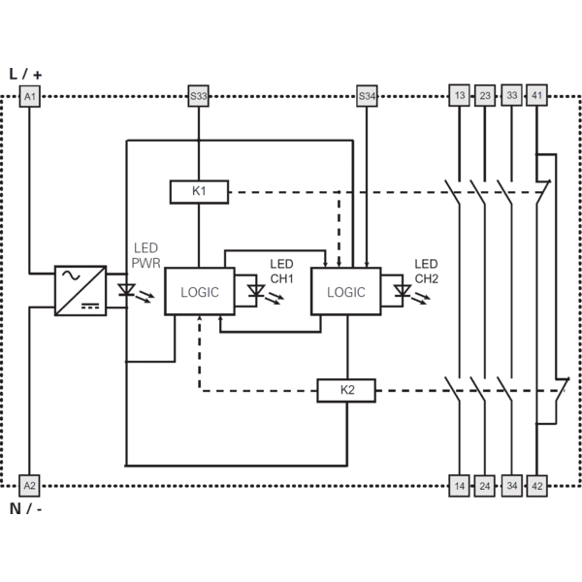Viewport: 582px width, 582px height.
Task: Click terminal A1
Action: pyautogui.click(x=30, y=96)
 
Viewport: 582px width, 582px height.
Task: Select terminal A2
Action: pyautogui.click(x=29, y=486)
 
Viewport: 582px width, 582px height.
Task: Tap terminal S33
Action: pyautogui.click(x=198, y=96)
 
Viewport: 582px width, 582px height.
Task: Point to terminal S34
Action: pyautogui.click(x=367, y=96)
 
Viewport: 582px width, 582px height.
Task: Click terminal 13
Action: pyautogui.click(x=459, y=95)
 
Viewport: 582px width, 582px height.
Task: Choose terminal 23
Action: pyautogui.click(x=485, y=95)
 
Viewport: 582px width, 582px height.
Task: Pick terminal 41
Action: pyautogui.click(x=536, y=95)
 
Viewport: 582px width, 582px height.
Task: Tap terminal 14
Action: pyautogui.click(x=459, y=486)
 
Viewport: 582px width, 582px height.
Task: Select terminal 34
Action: pyautogui.click(x=512, y=486)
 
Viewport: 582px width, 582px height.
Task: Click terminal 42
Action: pyautogui.click(x=537, y=486)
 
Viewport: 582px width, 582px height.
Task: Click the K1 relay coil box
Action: pyautogui.click(x=199, y=192)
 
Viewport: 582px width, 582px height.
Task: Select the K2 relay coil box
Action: pyautogui.click(x=346, y=391)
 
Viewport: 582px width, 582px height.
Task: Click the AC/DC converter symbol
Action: pyautogui.click(x=81, y=291)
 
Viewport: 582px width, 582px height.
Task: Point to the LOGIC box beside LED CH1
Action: pyautogui.click(x=200, y=291)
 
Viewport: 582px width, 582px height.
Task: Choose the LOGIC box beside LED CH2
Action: pyautogui.click(x=346, y=291)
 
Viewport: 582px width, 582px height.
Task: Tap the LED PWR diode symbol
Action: pyautogui.click(x=126, y=290)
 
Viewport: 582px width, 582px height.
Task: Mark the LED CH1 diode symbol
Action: pyautogui.click(x=256, y=291)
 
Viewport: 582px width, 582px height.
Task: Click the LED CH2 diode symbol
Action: pyautogui.click(x=403, y=291)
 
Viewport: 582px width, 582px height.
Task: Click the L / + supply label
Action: pyautogui.click(x=25, y=74)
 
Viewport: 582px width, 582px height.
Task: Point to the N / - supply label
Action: pyautogui.click(x=25, y=508)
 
